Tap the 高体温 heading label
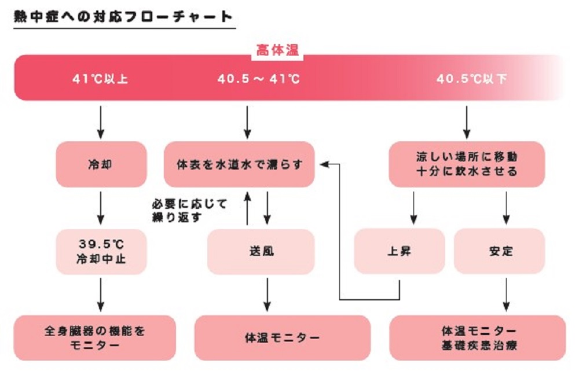pos(277,51)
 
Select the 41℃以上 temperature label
pos(101,79)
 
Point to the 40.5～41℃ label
pos(258,79)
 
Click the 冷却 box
pos(101,164)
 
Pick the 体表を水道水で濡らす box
pos(239,164)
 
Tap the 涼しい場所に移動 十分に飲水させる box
pos(467,164)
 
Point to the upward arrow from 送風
pos(247,208)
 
